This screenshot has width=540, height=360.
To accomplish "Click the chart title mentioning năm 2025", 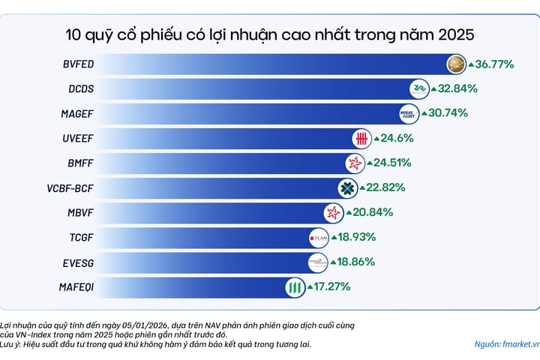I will coord(270,34).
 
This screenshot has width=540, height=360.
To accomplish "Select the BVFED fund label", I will coord(77,64).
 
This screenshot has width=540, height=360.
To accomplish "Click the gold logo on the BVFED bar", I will coord(455,64).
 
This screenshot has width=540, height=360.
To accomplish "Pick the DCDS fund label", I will coord(79,89).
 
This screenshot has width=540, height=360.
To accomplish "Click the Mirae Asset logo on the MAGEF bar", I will coord(409,114).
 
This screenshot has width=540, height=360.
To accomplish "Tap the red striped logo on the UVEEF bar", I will coord(362,139).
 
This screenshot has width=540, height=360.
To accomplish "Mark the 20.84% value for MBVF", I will coord(373,212).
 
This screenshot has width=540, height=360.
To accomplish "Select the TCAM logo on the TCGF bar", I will coord(319,238).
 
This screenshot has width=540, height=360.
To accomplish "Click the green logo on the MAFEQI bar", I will coord(295,286).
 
